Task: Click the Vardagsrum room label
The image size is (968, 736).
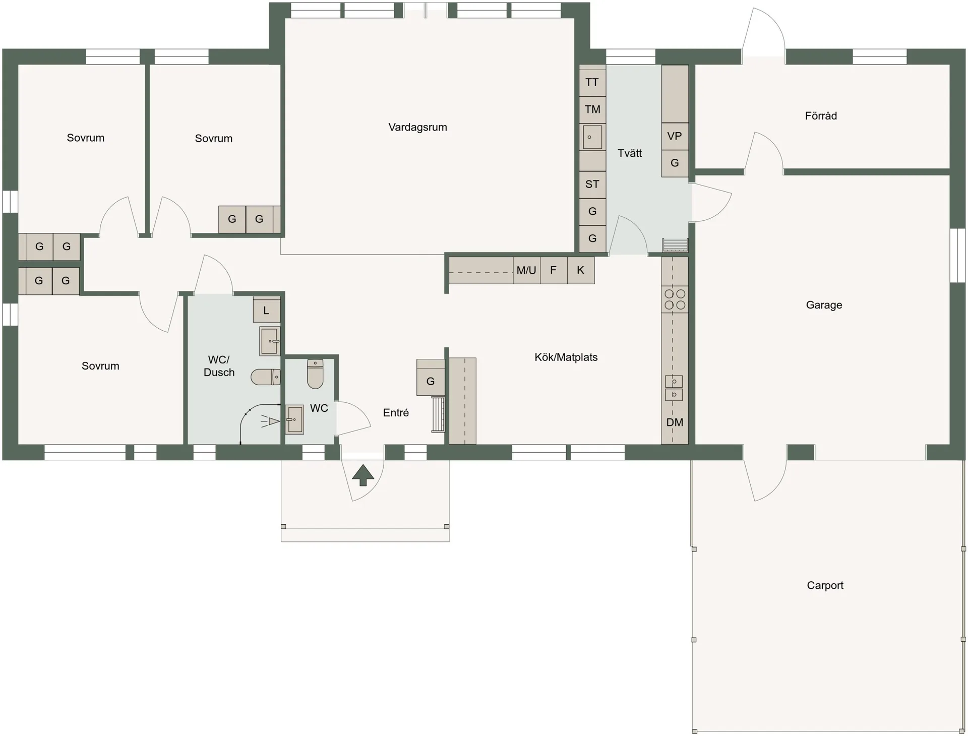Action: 417,127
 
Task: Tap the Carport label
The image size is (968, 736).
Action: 825,585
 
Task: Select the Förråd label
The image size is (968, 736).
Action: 821,115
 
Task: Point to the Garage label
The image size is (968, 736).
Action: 824,304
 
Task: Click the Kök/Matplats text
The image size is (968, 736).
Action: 566,357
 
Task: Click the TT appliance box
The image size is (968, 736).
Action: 592,82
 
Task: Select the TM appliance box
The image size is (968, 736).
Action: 592,109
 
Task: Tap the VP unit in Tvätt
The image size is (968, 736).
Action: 675,136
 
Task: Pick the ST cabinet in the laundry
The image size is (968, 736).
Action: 592,185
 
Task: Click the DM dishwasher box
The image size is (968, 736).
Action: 675,422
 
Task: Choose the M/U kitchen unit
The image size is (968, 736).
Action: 526,270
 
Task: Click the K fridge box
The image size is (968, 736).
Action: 581,270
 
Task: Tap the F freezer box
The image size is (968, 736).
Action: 554,270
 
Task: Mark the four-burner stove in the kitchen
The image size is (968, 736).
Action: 675,299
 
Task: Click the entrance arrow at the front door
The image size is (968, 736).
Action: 363,475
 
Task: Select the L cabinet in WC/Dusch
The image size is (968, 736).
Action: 266,310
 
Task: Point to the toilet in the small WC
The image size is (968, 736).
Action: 315,374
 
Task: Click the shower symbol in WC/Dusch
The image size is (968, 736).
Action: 270,421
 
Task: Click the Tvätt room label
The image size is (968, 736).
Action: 630,153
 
